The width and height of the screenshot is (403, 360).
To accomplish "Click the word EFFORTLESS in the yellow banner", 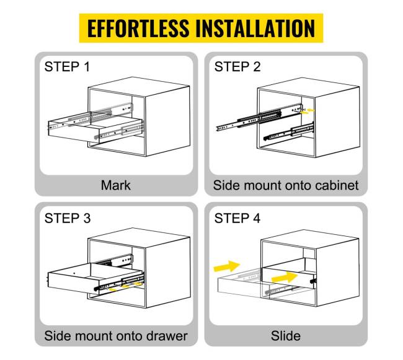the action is [x=138, y=28].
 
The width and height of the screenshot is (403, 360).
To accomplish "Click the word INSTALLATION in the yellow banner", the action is [x=255, y=28].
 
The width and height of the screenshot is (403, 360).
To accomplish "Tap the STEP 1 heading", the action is [x=67, y=67].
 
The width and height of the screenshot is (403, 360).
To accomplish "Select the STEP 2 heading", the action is [x=237, y=67].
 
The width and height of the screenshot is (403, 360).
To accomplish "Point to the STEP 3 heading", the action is [x=68, y=218].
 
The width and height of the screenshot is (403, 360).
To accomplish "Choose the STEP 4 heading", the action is [x=237, y=218].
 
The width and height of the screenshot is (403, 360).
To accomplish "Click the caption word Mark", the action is [x=116, y=185].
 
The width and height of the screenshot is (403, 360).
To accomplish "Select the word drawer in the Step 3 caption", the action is [x=167, y=336].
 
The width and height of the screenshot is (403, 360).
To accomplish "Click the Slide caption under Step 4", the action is [x=286, y=336].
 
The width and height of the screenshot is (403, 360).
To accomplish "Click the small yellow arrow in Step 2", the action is [x=311, y=110].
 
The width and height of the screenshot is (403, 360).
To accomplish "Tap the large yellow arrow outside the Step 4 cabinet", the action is [x=227, y=266].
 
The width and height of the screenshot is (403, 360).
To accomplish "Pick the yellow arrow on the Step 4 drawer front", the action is [x=285, y=278].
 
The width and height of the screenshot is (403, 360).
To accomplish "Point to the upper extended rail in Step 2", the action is [x=259, y=117].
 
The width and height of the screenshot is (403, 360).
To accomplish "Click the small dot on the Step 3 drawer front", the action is [x=74, y=273].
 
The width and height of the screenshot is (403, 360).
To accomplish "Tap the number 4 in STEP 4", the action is [x=257, y=218].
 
